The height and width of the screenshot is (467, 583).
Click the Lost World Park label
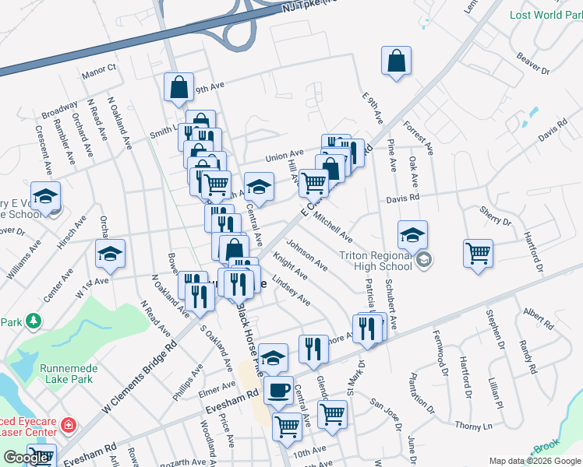click(x=546, y=15)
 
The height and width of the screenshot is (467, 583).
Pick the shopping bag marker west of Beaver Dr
click(x=396, y=61)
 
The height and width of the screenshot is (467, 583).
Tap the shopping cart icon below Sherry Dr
click(x=478, y=253)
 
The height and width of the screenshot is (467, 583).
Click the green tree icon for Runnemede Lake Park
click(x=33, y=320)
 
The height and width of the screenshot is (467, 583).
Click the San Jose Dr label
click(x=385, y=414)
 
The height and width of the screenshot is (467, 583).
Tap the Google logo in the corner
click(x=26, y=458)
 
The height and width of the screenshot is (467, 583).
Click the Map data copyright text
click(x=533, y=461)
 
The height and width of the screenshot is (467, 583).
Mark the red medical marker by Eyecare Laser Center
click(x=69, y=425)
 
